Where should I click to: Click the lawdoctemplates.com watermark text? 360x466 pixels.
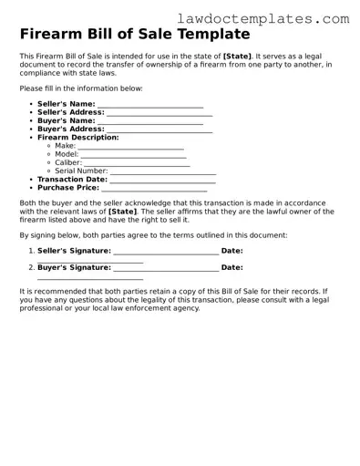point(275,17)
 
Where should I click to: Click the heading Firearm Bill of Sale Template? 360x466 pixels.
point(134,35)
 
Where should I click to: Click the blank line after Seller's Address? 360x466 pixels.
point(159,114)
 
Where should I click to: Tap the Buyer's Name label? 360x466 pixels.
point(66,120)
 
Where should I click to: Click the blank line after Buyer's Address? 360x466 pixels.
point(160,130)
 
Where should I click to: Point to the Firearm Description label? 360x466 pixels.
point(78,137)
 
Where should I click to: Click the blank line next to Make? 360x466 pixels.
point(130,146)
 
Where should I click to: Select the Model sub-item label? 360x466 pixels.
point(67,154)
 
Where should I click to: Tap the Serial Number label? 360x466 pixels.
point(81,171)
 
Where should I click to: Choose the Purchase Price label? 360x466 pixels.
point(67,188)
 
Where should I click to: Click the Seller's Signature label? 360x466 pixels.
point(74,250)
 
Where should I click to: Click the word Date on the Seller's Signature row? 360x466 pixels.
point(231,250)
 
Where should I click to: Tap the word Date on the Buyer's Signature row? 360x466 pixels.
point(231,268)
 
